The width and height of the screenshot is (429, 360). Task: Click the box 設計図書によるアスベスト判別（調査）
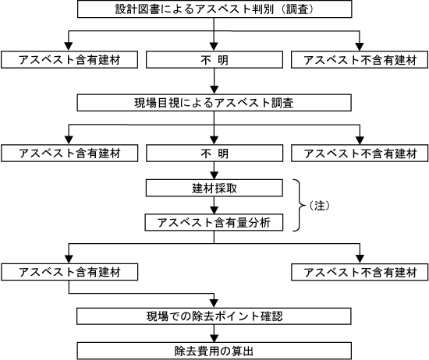214,9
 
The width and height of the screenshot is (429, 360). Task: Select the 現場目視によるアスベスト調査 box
214,103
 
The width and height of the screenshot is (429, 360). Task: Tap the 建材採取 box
214,188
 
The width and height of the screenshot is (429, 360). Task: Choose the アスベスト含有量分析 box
214,222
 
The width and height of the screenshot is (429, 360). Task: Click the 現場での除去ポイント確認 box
214,316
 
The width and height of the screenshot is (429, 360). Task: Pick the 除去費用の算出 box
214,351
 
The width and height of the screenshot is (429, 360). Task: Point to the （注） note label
319,206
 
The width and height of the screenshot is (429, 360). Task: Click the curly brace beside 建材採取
300,205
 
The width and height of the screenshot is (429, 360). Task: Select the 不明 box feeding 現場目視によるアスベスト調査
214,59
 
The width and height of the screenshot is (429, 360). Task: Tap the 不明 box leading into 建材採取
214,153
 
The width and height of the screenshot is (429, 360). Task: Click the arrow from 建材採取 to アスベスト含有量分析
214,205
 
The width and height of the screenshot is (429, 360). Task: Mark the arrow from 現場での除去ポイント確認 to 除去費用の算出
214,334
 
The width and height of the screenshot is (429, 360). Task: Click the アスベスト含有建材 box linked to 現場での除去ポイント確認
69,272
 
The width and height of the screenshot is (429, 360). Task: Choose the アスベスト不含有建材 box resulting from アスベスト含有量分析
360,272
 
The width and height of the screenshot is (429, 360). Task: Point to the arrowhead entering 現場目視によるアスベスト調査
214,90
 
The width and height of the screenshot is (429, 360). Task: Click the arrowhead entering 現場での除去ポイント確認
214,304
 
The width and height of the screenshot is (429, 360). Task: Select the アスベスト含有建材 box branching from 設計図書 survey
69,59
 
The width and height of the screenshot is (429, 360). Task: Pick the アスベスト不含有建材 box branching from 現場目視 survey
360,153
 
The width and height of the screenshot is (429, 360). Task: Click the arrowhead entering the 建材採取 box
214,175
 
